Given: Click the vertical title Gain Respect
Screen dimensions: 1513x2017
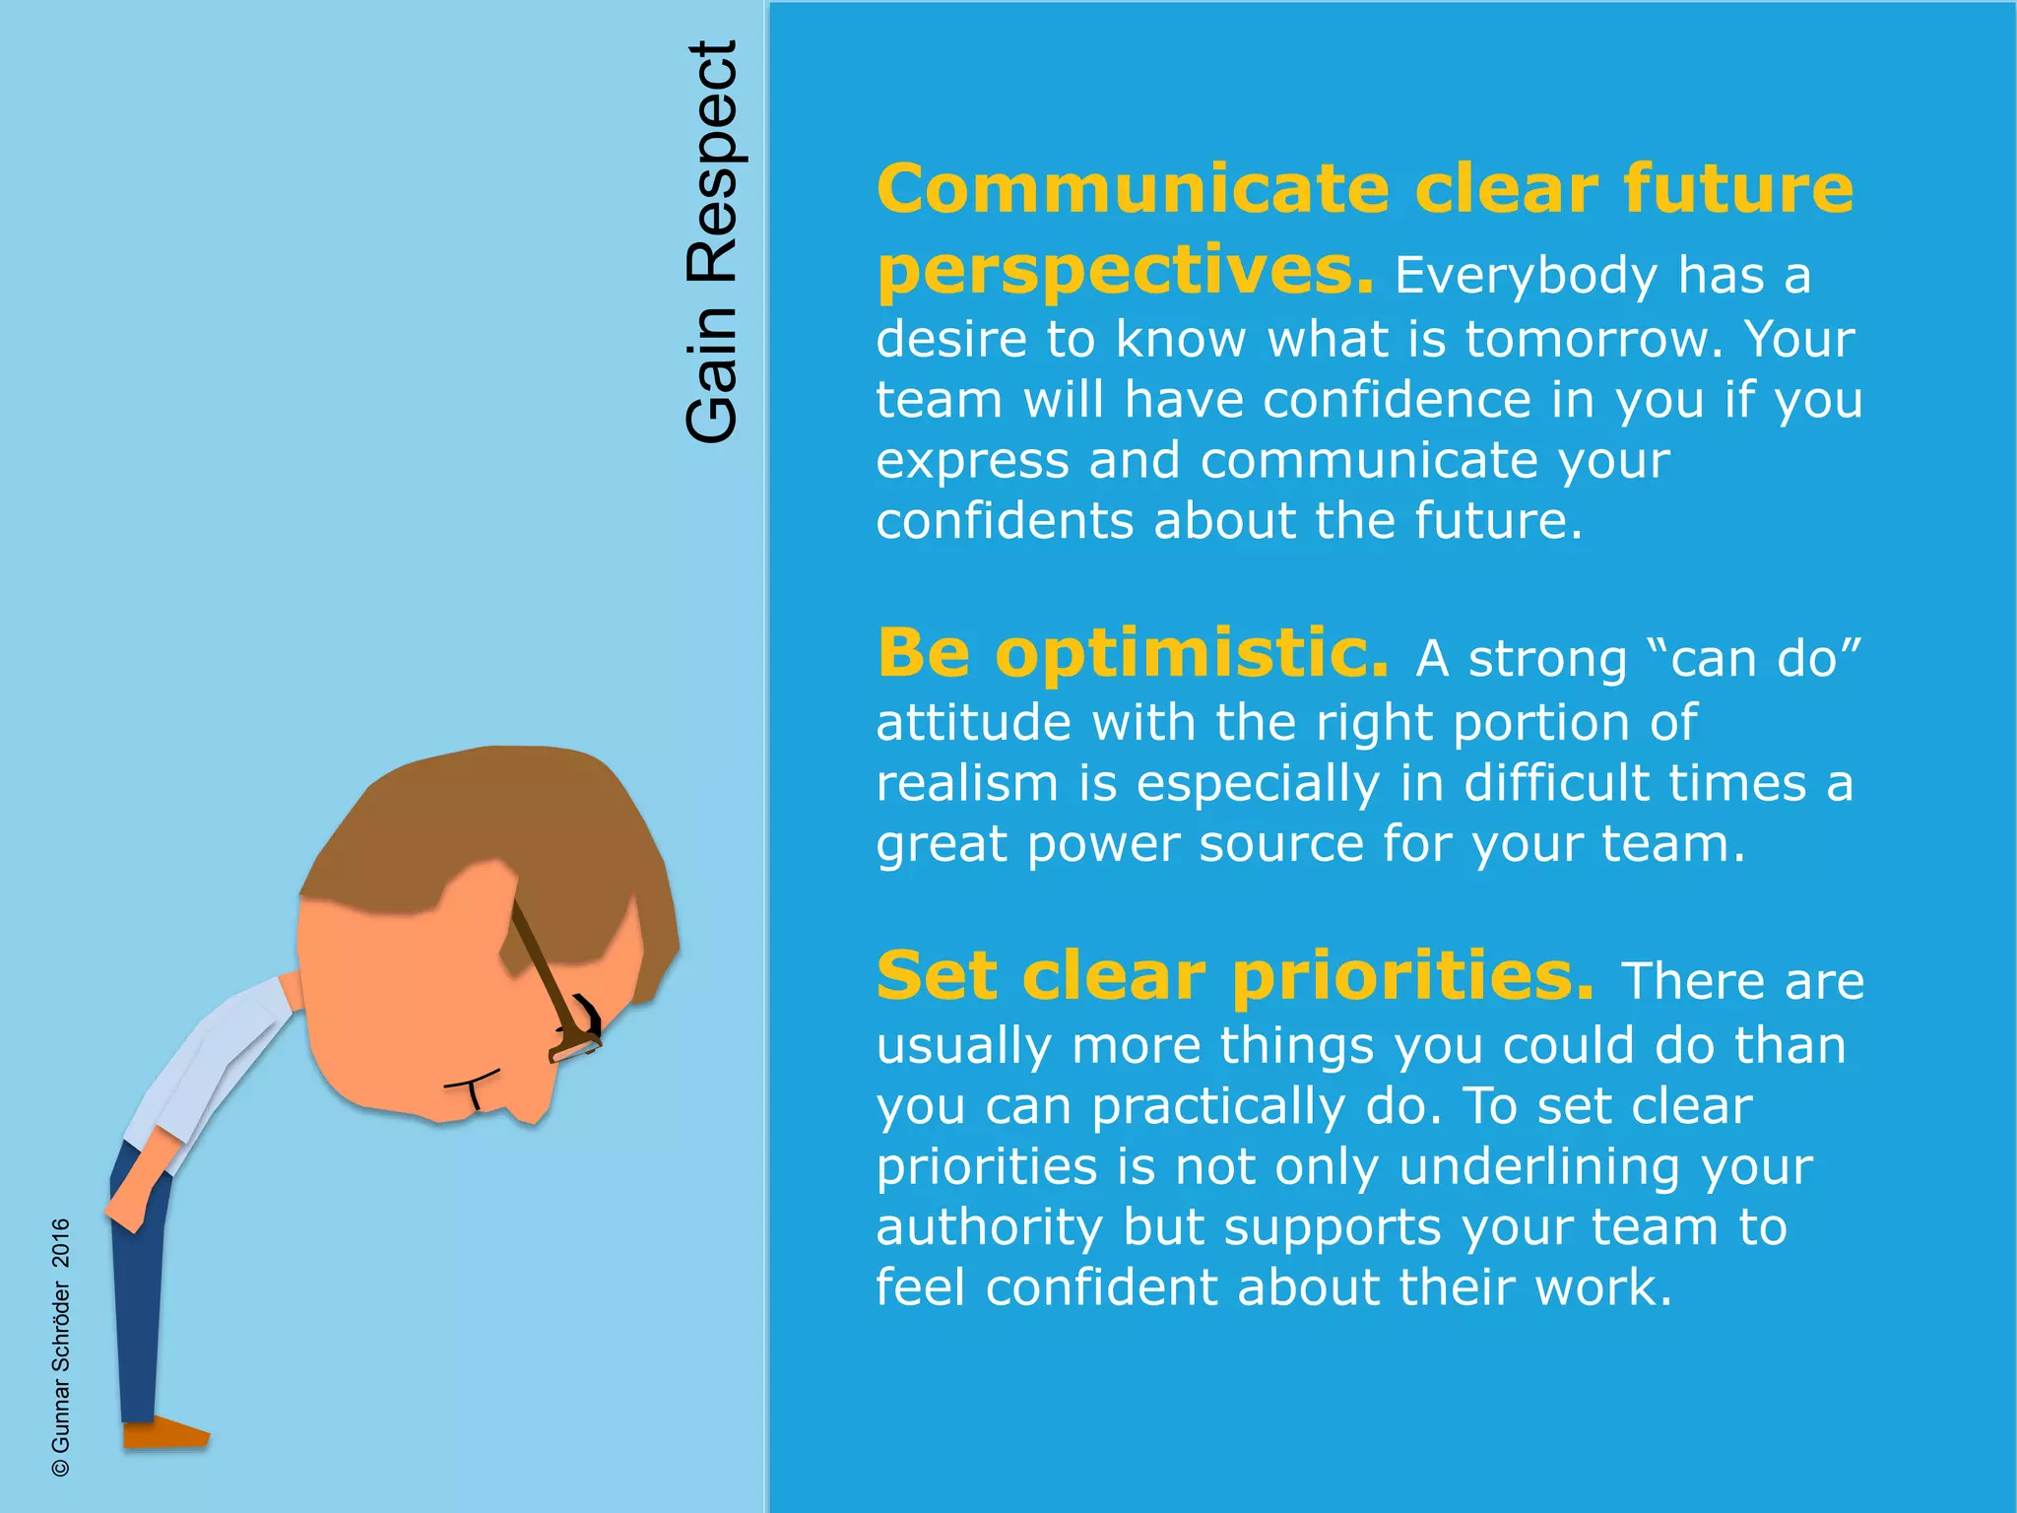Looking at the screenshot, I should click(711, 241).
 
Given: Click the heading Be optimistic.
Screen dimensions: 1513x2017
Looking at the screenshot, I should click(1133, 653).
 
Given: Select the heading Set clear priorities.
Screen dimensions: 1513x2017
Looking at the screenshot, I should click(1234, 976).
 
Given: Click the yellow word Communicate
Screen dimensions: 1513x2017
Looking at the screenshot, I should click(1133, 189).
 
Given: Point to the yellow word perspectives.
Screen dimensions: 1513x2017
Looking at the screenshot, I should click(1124, 272).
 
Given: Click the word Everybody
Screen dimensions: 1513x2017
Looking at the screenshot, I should click(1526, 276).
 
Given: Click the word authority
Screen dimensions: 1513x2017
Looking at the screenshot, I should click(989, 1228).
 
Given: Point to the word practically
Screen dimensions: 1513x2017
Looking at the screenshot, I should click(1217, 1107).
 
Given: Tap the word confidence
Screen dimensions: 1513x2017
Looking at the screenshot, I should click(1397, 401).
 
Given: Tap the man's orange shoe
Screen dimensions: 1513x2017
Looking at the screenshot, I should click(164, 1432).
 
